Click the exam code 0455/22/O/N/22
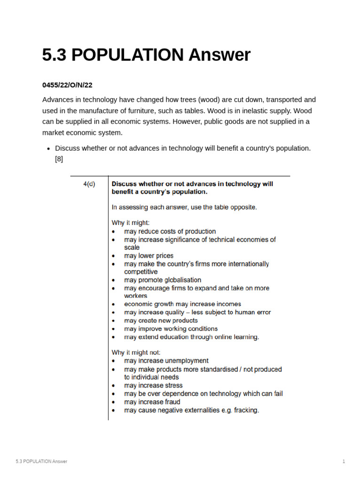67,85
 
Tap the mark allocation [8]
59,159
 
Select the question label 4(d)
89,184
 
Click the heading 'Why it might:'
130,223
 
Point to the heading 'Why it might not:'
136,352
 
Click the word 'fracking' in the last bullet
245,410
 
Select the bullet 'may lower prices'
149,256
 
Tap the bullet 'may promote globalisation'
162,280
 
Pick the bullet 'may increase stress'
153,385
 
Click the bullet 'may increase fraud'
152,402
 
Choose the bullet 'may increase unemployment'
166,361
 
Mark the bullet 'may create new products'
161,320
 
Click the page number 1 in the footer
344,461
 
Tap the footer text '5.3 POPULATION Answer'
41,461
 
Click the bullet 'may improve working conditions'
171,329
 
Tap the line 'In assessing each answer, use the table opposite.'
184,207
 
